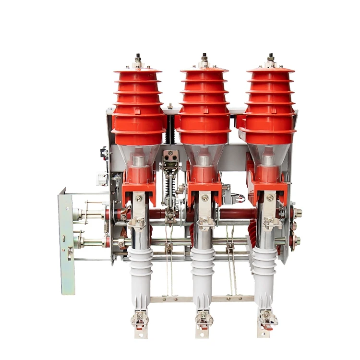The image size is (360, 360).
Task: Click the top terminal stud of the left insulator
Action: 138,59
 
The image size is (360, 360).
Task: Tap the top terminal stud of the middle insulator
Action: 204,58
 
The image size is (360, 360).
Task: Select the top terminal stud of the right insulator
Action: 271,58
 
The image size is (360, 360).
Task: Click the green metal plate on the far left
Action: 66,240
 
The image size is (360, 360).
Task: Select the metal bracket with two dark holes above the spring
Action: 170,156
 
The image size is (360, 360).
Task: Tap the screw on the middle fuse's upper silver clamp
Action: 205,198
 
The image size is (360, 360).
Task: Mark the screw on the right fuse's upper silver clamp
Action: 271,197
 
